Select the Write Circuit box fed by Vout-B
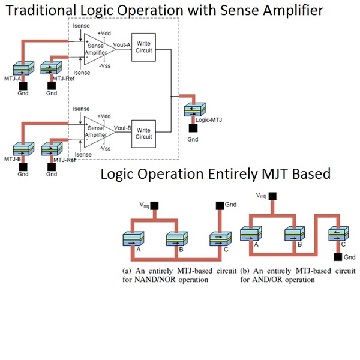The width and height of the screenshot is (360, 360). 144,133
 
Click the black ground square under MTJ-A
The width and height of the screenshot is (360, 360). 23,85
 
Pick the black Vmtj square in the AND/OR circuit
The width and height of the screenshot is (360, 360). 274,196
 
